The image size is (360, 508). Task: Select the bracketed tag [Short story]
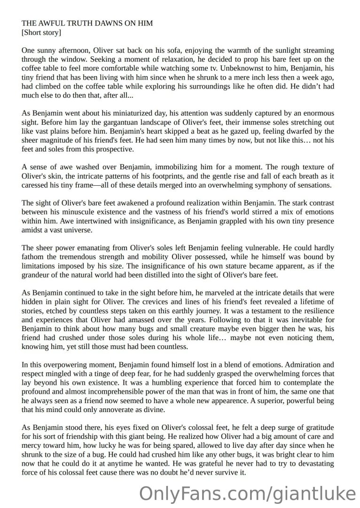coord(41,32)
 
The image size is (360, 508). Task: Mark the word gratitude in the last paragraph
coord(315,427)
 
